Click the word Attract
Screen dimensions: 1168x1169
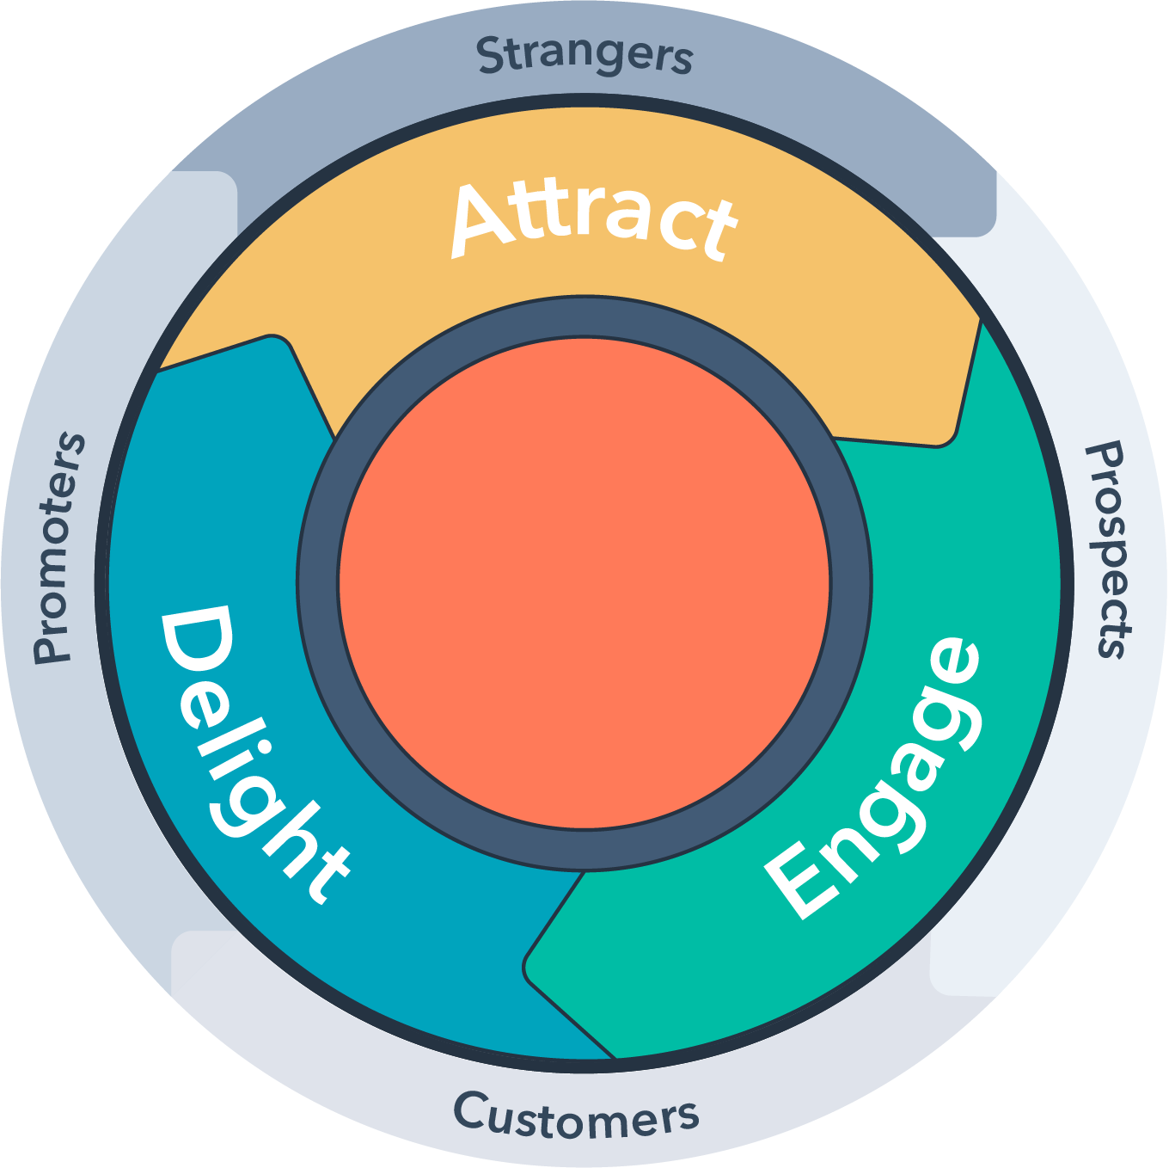[593, 219]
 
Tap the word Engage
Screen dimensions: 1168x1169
[872, 778]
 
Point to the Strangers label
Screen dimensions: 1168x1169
[584, 55]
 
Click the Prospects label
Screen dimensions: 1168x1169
[1109, 550]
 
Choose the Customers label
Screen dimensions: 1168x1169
[576, 1116]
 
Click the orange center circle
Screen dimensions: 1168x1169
[584, 583]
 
